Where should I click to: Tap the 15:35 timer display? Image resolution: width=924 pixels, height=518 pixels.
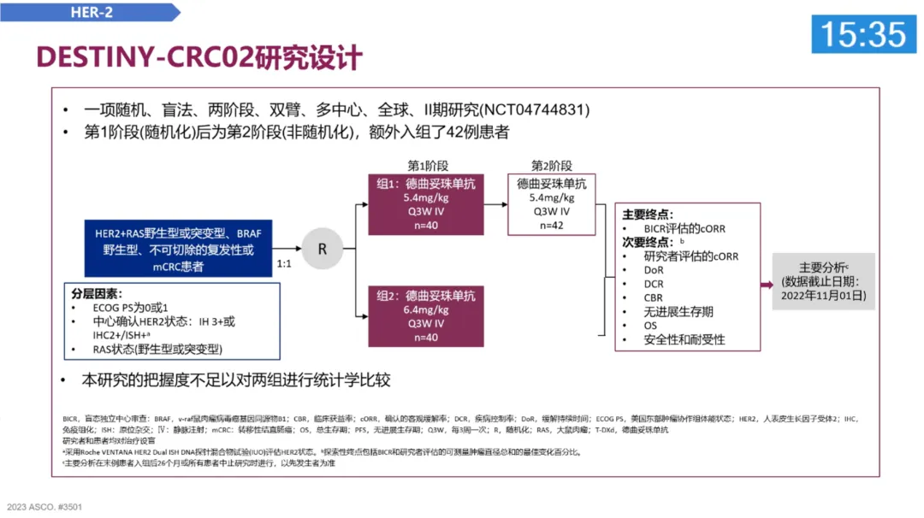click(863, 34)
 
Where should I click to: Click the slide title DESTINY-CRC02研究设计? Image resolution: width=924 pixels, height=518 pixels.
click(199, 58)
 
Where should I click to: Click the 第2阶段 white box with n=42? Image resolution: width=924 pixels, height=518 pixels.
click(552, 205)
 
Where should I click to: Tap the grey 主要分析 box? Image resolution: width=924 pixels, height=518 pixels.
click(823, 280)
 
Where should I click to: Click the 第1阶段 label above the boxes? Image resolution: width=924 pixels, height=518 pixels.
click(428, 166)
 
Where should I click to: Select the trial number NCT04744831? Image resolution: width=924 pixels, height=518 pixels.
click(535, 110)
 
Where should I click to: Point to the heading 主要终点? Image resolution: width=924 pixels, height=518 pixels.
click(647, 214)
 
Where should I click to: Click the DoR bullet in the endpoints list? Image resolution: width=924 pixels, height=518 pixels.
click(654, 270)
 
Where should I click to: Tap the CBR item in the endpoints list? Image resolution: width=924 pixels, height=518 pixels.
click(654, 297)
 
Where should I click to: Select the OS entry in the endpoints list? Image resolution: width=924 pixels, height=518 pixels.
click(651, 326)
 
